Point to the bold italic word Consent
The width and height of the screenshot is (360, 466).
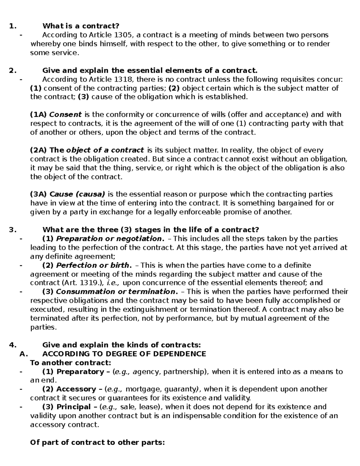tap(65, 115)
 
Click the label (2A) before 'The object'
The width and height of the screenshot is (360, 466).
tap(39, 150)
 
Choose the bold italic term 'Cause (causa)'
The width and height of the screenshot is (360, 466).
tap(77, 194)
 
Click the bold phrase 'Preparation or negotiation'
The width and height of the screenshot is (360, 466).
tap(109, 239)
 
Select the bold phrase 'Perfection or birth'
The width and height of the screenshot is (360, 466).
tap(93, 265)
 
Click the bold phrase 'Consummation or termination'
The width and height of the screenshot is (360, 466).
tap(115, 292)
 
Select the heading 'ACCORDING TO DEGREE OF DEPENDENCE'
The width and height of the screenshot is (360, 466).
tap(124, 354)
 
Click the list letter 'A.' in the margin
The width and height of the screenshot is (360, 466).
tap(23, 354)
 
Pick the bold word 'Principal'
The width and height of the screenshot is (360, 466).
tap(73, 407)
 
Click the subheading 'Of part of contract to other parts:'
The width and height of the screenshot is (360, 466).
tap(97, 443)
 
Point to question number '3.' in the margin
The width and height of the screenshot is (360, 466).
tap(13, 230)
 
